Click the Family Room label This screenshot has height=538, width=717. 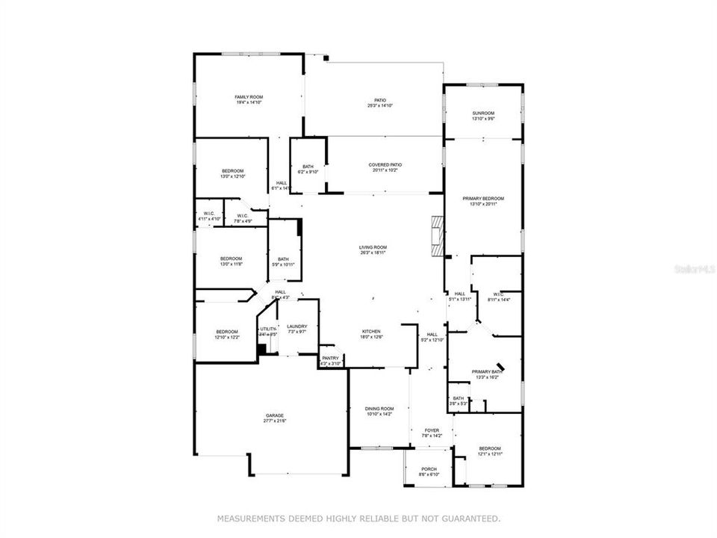click(249, 97)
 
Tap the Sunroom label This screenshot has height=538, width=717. click(483, 112)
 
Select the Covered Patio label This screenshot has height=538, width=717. click(385, 165)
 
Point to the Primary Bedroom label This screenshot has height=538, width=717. click(483, 199)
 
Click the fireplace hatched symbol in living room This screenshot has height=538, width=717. click(437, 235)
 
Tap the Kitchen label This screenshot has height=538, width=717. click(372, 331)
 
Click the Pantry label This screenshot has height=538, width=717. click(330, 358)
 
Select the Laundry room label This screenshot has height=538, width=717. click(297, 326)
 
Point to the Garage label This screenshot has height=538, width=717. click(273, 415)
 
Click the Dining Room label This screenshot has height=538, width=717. click(379, 409)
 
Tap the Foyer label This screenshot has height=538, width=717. click(432, 430)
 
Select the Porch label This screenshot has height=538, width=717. click(429, 469)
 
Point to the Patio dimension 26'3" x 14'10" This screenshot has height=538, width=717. click(380, 106)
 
